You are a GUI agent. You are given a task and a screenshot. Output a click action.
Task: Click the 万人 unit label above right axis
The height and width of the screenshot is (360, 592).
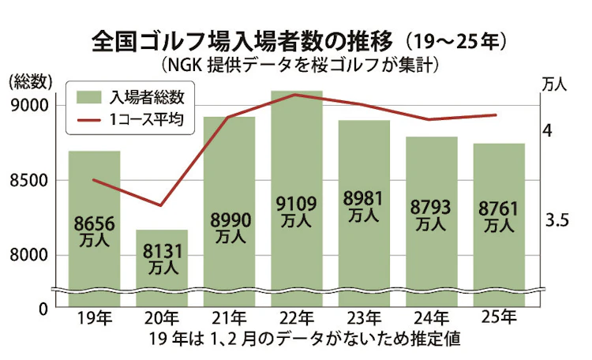coord(557,84)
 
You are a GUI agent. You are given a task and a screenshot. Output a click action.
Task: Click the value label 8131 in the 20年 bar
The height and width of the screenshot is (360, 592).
coord(162,252)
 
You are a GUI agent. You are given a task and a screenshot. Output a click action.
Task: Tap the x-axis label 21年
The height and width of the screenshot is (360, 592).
coord(229,318)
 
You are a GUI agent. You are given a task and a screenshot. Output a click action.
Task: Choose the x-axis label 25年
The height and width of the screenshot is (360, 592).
coord(499,318)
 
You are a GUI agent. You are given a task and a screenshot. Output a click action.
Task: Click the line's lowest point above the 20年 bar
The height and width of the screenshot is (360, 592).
coord(161,205)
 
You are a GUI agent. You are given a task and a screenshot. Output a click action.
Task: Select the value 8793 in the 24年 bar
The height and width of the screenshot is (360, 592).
coord(431,208)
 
